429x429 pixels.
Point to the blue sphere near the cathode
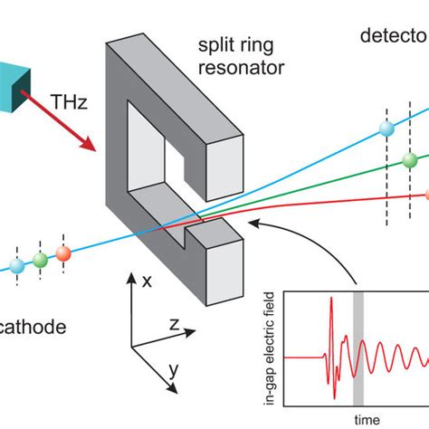point(16,264)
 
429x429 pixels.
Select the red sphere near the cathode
point(62,253)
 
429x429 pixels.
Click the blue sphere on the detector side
point(386,129)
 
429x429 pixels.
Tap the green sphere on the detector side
point(409,161)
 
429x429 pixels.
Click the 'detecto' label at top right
point(393,37)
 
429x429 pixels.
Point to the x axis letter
point(147,283)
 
